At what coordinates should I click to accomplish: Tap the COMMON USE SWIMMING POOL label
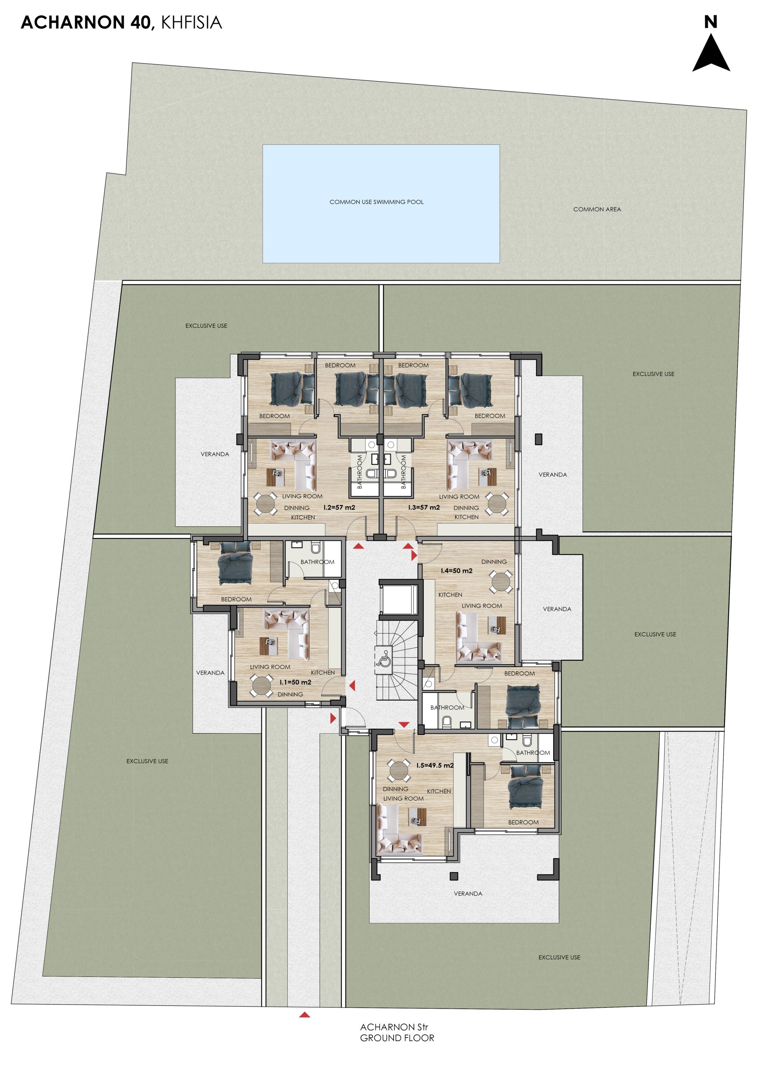tap(376, 202)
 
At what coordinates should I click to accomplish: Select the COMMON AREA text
tap(597, 209)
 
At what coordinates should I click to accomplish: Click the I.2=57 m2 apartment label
tap(339, 507)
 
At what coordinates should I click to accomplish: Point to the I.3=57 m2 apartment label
tap(424, 507)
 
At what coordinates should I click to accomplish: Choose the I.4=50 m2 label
tap(456, 571)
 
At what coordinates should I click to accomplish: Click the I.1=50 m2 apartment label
tap(295, 682)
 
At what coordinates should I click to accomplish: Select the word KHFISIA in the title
tap(191, 23)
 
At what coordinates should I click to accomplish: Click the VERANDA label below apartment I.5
tap(468, 893)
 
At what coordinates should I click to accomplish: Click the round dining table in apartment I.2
tap(265, 504)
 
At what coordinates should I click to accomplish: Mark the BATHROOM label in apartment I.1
tap(317, 562)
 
